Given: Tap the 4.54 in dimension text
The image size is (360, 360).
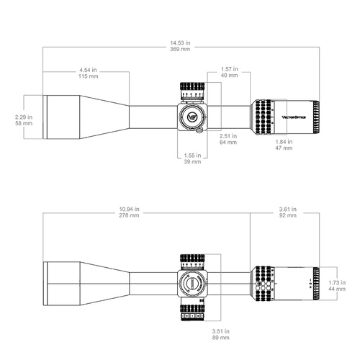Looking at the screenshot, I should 89,70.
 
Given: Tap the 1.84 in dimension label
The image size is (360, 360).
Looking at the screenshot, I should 283,141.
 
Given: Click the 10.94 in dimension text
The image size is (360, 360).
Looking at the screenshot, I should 130,209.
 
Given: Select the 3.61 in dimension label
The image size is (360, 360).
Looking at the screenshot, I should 289,209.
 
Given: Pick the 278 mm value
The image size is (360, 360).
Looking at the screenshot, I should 130,215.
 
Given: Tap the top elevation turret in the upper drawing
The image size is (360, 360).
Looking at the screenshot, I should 192,91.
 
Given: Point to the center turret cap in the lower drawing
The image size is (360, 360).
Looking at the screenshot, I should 192,283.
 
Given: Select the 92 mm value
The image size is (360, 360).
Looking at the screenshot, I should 289,215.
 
